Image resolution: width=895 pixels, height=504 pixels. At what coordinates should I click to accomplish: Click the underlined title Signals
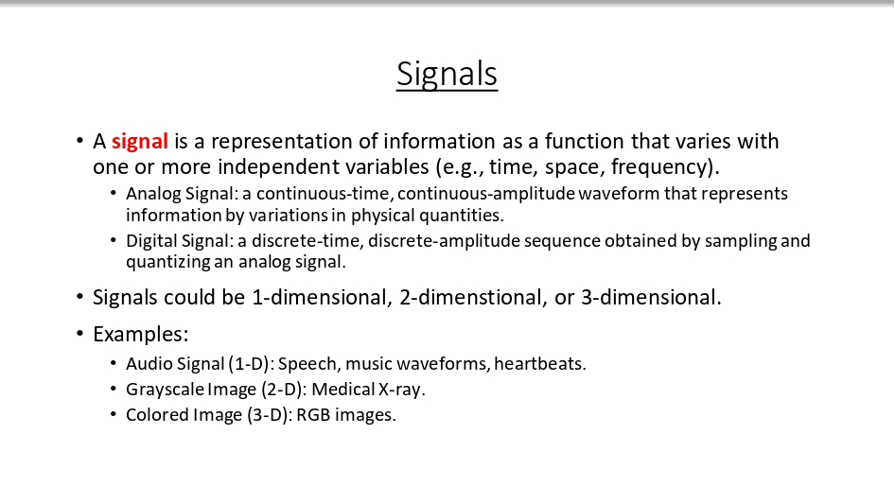(x=447, y=74)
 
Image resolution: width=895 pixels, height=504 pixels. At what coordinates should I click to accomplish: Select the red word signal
(x=140, y=142)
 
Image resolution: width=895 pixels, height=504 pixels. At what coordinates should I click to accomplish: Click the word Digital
(x=149, y=240)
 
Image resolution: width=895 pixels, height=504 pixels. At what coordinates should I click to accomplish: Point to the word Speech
(x=307, y=363)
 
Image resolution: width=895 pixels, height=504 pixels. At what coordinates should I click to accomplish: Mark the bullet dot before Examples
(x=80, y=335)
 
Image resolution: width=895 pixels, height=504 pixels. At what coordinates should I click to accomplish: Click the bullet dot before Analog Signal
(x=114, y=193)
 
